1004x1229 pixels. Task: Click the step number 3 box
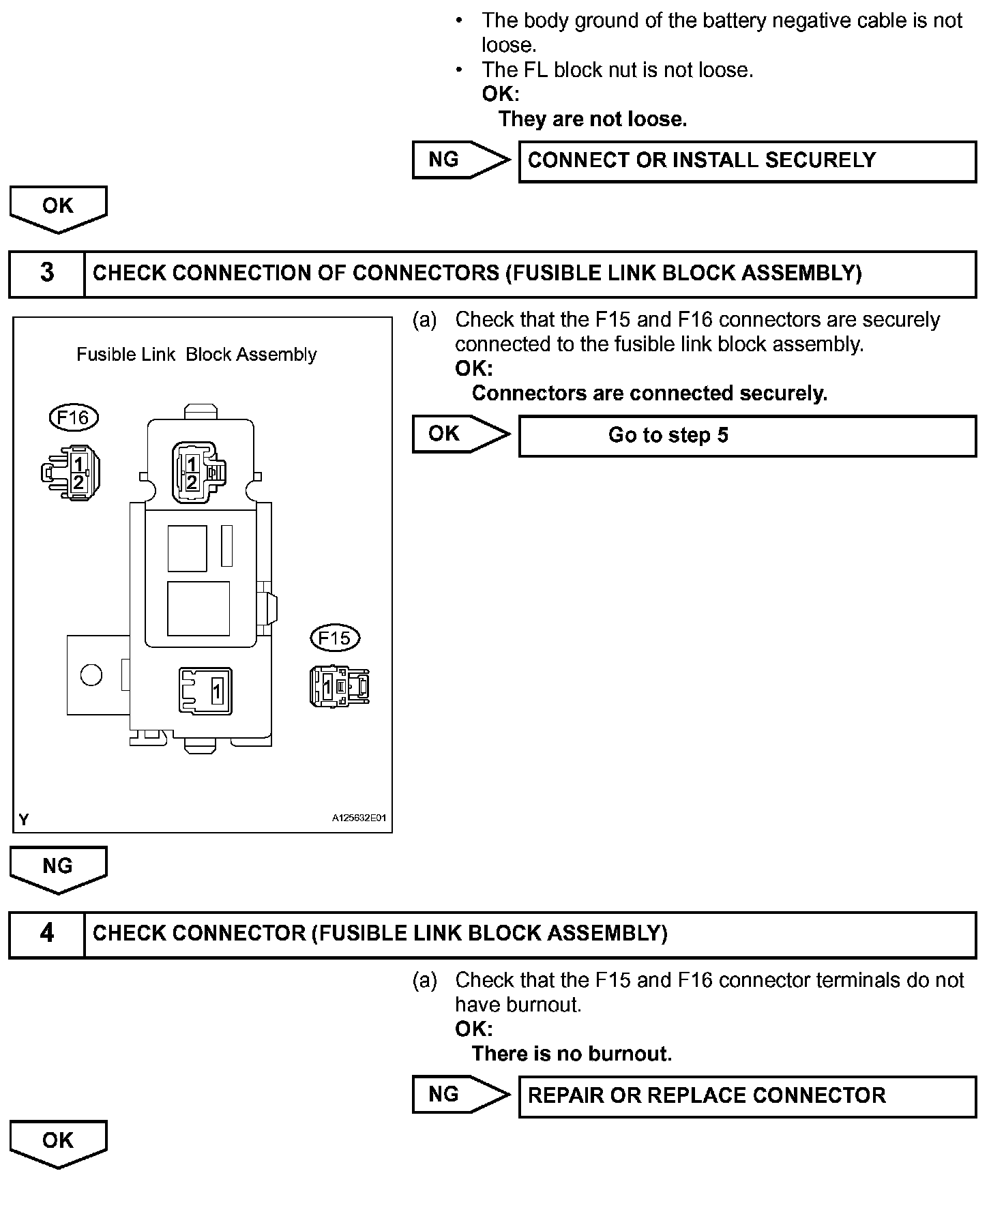(x=46, y=273)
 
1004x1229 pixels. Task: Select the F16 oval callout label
(x=74, y=417)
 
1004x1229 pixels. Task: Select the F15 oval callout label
(x=334, y=638)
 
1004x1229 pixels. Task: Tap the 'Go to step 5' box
(x=748, y=436)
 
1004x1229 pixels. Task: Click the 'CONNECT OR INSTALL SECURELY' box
(x=748, y=161)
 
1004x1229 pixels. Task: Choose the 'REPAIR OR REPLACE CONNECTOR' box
(x=748, y=1096)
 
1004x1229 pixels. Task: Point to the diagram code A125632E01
(x=359, y=818)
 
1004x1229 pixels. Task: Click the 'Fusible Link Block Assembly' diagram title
(x=196, y=355)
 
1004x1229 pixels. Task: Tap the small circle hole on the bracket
(x=91, y=675)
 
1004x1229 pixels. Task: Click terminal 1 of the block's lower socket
(x=216, y=691)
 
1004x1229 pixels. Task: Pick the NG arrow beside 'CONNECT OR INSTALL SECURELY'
(x=460, y=160)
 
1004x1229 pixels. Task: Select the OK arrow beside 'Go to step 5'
(x=460, y=434)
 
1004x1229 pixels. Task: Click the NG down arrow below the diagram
(x=58, y=869)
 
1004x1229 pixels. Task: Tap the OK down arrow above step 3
(x=58, y=209)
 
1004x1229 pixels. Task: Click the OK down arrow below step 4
(x=58, y=1143)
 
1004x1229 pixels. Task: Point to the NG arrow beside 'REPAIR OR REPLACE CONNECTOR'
(x=460, y=1095)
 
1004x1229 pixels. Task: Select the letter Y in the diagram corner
(x=24, y=820)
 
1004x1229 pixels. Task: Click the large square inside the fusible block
(x=198, y=608)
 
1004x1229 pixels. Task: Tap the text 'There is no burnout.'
(x=572, y=1054)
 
